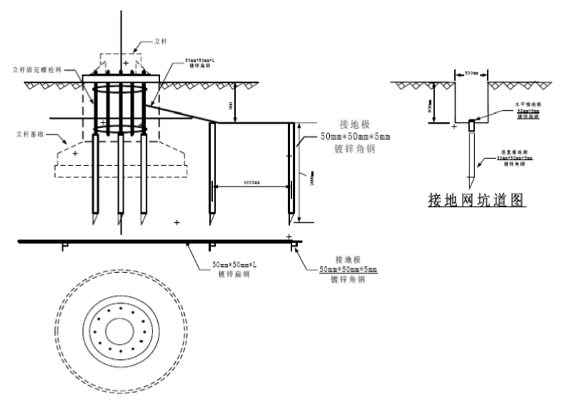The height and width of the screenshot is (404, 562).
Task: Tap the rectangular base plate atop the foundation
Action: point(121,77)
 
